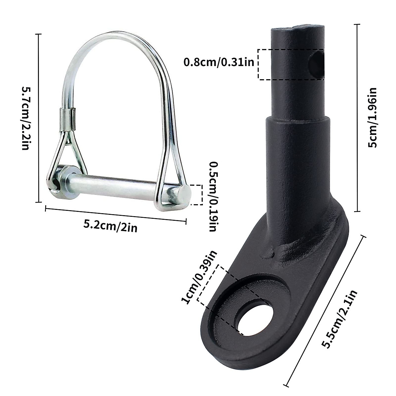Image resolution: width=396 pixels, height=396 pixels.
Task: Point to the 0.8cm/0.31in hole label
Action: [x=219, y=62]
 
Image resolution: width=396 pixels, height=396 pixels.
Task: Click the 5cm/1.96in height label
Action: [x=373, y=118]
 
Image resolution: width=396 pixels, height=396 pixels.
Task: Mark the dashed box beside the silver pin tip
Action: [x=197, y=195]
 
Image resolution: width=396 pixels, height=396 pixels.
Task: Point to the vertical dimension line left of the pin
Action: [x=39, y=118]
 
